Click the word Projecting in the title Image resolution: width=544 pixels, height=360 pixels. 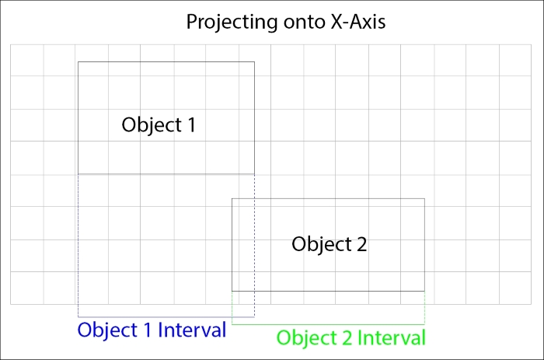tap(232, 23)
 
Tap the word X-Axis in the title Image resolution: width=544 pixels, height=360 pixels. tap(357, 22)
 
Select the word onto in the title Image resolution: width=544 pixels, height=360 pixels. tap(304, 23)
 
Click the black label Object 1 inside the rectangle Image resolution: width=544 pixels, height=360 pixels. tap(159, 125)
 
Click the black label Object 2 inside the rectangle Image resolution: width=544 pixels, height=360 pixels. tap(330, 244)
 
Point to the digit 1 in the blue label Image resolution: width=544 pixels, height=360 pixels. tap(148, 330)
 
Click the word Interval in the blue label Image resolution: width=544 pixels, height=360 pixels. tap(192, 330)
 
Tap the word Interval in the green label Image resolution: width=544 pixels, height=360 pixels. tap(392, 337)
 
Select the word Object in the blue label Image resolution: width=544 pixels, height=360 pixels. tap(107, 330)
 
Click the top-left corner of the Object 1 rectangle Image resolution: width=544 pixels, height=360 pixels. tap(78, 61)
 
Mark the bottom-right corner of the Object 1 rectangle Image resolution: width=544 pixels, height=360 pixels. tap(254, 174)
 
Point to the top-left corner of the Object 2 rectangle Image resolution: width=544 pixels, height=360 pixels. tap(232, 198)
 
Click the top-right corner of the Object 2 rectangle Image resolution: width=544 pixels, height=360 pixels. tap(424, 198)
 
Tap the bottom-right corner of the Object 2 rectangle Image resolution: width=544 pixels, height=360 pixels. tap(424, 291)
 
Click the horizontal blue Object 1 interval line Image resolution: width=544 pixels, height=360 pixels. tap(166, 316)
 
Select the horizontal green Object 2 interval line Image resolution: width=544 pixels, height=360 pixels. tap(328, 324)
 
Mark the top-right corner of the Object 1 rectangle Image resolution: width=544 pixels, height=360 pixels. tap(254, 61)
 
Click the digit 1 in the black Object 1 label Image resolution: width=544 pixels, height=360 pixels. tap(191, 124)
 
